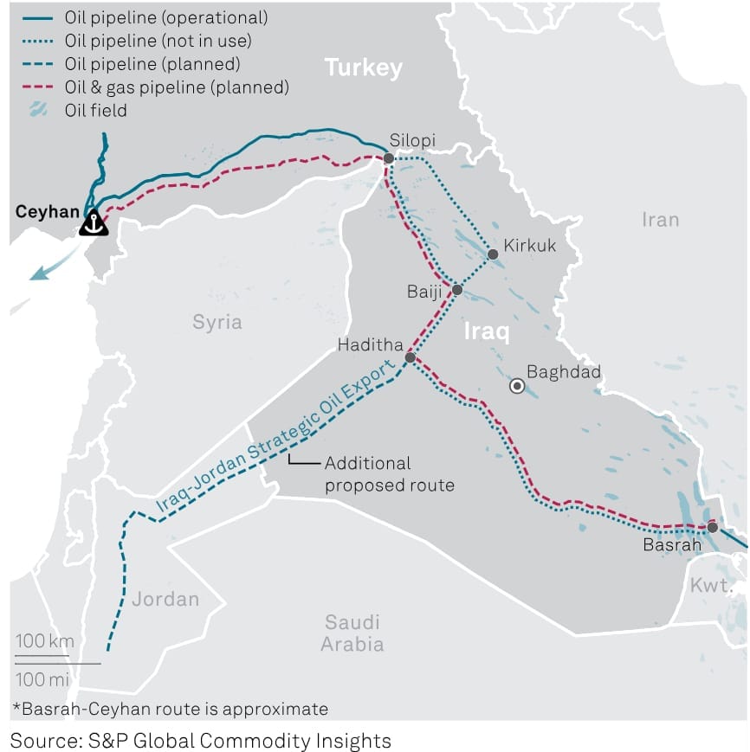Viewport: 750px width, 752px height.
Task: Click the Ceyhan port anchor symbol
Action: click(94, 223)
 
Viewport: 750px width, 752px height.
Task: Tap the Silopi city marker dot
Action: click(389, 158)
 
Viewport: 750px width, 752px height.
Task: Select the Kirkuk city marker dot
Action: click(493, 254)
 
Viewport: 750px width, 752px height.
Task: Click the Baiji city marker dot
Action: click(457, 290)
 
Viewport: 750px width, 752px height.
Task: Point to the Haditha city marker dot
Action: click(411, 357)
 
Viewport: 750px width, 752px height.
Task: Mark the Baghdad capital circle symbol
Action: click(517, 386)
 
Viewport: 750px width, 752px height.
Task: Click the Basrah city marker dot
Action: click(712, 527)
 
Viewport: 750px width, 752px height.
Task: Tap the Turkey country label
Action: click(363, 67)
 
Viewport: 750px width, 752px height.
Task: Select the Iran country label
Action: click(660, 220)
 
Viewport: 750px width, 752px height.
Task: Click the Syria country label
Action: click(217, 322)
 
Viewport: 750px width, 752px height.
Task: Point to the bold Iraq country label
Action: click(487, 331)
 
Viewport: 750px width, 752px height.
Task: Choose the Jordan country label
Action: click(165, 599)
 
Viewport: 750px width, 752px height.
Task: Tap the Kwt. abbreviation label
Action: click(710, 586)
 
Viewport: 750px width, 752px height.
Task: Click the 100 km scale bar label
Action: click(44, 641)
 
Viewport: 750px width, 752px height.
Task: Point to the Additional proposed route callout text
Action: click(389, 474)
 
